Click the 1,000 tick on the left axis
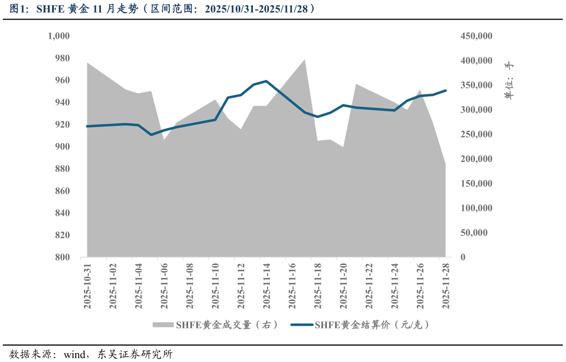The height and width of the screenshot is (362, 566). pos(59,36)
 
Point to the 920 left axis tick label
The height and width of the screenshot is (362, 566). pos(62,124)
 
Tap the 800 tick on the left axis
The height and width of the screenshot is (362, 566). pos(62,257)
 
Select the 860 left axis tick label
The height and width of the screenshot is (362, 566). pos(62,191)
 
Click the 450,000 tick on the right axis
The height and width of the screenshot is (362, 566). pos(477,36)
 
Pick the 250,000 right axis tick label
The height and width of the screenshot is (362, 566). pos(477,135)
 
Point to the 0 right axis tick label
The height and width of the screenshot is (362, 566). pos(463,257)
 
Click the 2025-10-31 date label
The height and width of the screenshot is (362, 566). pos(87,286)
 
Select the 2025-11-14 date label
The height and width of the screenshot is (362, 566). pos(267,286)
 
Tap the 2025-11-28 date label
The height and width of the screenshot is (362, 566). pos(446,286)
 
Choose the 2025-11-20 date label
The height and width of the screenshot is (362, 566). pos(343,286)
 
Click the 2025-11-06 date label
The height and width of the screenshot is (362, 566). pos(164,286)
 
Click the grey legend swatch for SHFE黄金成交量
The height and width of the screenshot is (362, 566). pos(163,325)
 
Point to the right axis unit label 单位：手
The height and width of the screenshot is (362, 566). pos(509,81)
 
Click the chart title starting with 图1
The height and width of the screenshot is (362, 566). pos(162,9)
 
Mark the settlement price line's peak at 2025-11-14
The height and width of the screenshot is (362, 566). pos(267,81)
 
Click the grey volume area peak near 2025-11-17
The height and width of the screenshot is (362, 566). pos(305,59)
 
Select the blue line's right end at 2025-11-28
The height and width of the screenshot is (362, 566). pos(445,90)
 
